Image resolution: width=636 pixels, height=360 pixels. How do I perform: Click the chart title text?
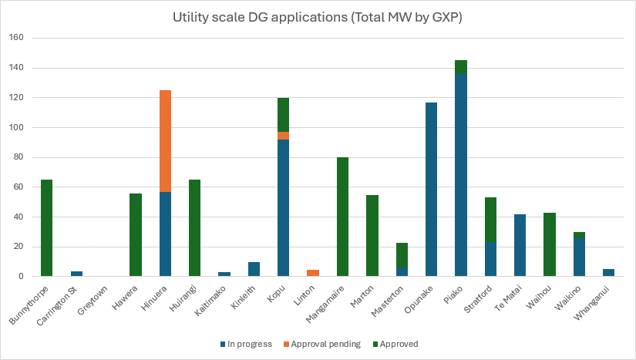click(x=318, y=16)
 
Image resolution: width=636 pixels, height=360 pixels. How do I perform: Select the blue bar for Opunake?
click(x=431, y=190)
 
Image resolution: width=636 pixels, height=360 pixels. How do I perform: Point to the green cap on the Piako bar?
click(x=460, y=67)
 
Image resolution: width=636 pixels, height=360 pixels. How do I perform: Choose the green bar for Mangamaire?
click(x=342, y=217)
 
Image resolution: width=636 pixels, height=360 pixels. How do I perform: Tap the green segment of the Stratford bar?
click(x=490, y=220)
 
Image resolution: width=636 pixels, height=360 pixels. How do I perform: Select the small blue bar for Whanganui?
click(x=608, y=272)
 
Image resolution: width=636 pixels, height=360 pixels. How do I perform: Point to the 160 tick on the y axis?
click(x=18, y=38)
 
